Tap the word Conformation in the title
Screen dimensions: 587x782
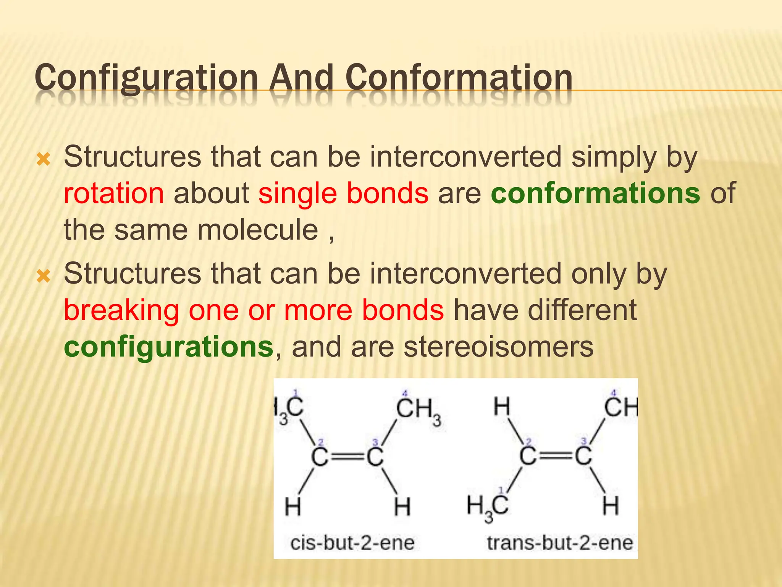tap(459, 78)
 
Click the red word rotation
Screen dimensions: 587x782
tap(114, 193)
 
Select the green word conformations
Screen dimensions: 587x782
tap(595, 193)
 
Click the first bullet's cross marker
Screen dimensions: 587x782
tap(43, 159)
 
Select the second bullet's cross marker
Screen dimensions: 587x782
tap(43, 276)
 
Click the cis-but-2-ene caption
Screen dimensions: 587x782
tap(352, 543)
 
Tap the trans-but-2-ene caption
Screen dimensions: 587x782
tap(560, 543)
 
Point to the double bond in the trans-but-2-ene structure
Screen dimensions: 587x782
tap(556, 456)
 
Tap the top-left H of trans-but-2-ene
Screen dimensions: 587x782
tap(502, 407)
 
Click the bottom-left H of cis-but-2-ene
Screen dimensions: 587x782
tap(293, 507)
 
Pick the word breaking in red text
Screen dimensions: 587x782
tap(121, 310)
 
